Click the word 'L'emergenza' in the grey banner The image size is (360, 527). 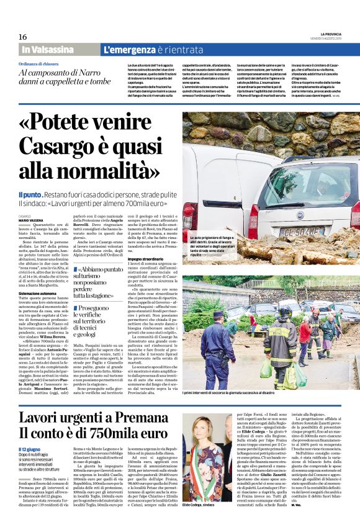(127, 49)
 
